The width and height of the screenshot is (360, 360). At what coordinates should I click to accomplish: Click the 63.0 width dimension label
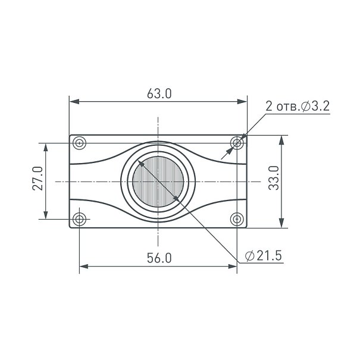coord(159,93)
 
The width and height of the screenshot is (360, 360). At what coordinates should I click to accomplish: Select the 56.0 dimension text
coord(159,258)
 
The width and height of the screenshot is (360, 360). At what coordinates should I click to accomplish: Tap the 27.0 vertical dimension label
coord(37,179)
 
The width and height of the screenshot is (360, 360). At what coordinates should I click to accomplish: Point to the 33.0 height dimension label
coord(274,178)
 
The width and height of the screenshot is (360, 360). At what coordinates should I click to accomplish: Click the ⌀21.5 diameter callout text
coord(264,255)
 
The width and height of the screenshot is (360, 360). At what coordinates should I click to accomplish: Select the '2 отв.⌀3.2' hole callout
coord(298,107)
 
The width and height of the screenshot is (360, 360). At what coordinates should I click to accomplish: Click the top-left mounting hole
coord(80,143)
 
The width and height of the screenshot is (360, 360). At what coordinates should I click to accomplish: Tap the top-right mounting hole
coord(237,143)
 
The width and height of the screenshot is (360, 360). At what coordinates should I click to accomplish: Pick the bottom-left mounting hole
coord(80,219)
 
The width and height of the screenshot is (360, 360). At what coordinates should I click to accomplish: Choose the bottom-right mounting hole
coord(237,219)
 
